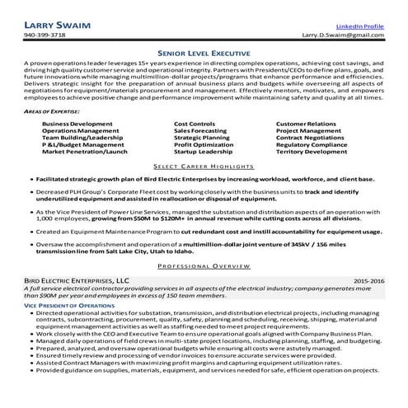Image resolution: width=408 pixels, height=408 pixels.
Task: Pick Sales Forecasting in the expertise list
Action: point(203,129)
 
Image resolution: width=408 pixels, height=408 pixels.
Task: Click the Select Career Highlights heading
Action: point(204,166)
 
